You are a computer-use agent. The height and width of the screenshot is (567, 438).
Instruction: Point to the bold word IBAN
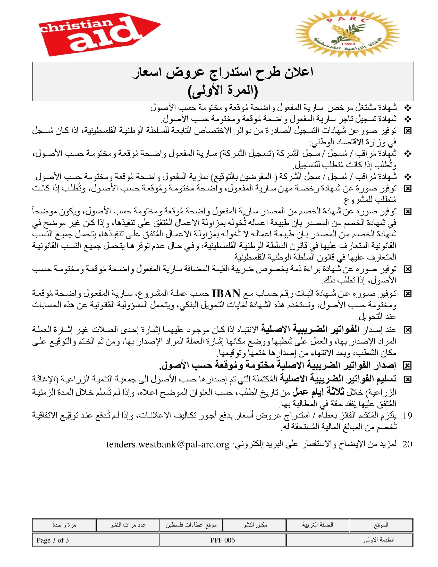pyautogui.click(x=226, y=293)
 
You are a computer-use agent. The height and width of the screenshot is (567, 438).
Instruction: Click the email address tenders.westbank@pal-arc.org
pyautogui.click(x=168, y=444)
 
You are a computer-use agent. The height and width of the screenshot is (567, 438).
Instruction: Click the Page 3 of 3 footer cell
pyautogui.click(x=53, y=540)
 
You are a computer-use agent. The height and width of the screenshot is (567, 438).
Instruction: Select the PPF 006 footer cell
pyautogui.click(x=223, y=540)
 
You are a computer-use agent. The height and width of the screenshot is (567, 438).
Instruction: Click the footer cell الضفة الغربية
pyautogui.click(x=317, y=525)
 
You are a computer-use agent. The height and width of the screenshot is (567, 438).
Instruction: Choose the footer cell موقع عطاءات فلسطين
pyautogui.click(x=191, y=525)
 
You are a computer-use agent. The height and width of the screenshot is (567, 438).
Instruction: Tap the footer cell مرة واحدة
pyautogui.click(x=64, y=525)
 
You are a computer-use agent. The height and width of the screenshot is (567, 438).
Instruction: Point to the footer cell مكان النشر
pyautogui.click(x=255, y=525)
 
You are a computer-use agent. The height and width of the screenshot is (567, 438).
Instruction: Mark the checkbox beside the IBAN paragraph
pyautogui.click(x=408, y=294)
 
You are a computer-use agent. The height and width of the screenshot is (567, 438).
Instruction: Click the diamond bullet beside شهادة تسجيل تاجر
pyautogui.click(x=408, y=119)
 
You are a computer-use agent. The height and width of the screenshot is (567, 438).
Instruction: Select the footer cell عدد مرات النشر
pyautogui.click(x=127, y=525)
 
